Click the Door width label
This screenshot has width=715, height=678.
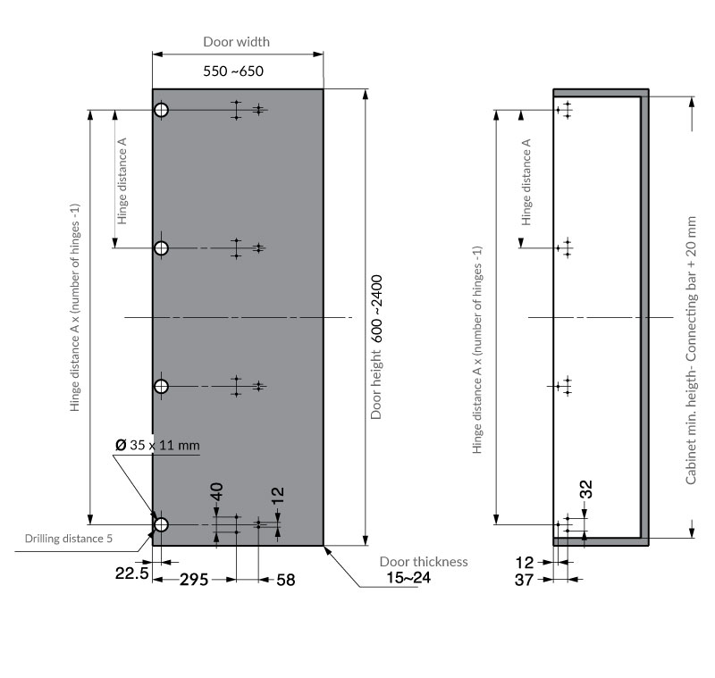pyautogui.click(x=236, y=42)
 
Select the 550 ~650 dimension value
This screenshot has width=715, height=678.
pyautogui.click(x=233, y=71)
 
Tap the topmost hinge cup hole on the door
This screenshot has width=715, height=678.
pyautogui.click(x=162, y=110)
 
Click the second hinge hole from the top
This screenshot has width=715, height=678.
pyautogui.click(x=162, y=247)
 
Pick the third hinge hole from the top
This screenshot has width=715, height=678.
pyautogui.click(x=162, y=387)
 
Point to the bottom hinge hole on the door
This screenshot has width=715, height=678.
pyautogui.click(x=162, y=524)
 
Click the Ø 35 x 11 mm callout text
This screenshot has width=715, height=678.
pyautogui.click(x=157, y=445)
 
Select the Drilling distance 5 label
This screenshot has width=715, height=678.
pyautogui.click(x=69, y=539)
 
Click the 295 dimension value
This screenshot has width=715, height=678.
pyautogui.click(x=193, y=580)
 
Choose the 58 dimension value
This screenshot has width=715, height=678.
pyautogui.click(x=285, y=580)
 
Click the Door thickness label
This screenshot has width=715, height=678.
pyautogui.click(x=424, y=562)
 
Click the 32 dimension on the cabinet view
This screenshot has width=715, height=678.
pyautogui.click(x=586, y=489)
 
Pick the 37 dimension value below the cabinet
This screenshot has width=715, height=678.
pyautogui.click(x=525, y=580)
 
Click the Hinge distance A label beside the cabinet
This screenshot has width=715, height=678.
pyautogui.click(x=527, y=181)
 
